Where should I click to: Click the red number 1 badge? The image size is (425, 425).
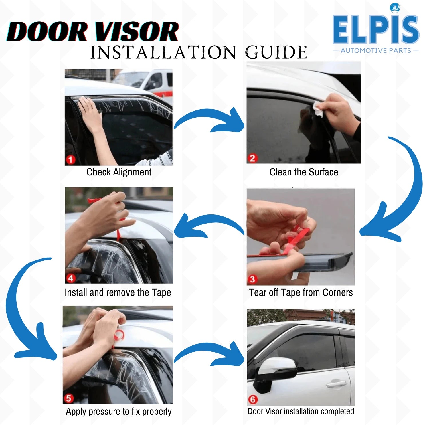pos(70,159)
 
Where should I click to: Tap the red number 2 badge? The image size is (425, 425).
pos(252,158)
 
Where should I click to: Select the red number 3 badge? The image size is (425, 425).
pos(252,279)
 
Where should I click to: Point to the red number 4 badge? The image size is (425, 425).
pos(70,278)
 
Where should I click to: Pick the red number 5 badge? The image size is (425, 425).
pos(68,398)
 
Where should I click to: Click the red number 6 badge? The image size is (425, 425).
pos(252,399)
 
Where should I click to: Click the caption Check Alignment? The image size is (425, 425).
pos(119,172)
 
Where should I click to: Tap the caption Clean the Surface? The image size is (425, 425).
pos(304,172)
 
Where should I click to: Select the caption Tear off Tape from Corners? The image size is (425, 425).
pos(301,292)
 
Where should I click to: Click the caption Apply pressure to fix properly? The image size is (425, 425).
pos(118,412)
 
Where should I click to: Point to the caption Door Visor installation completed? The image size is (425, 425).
pos(301,411)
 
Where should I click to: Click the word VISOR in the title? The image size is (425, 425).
pos(137,31)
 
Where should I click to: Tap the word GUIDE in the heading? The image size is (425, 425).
pos(276,52)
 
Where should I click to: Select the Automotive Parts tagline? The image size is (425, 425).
pos(376,51)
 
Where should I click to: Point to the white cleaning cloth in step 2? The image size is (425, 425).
pos(318,109)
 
